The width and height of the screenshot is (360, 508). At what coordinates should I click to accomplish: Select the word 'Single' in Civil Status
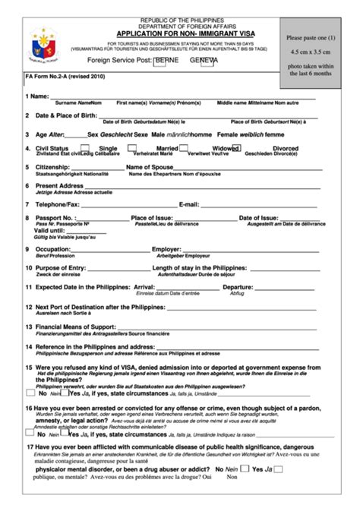click(109, 149)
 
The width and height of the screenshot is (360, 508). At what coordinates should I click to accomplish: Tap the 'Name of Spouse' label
click(150, 167)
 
